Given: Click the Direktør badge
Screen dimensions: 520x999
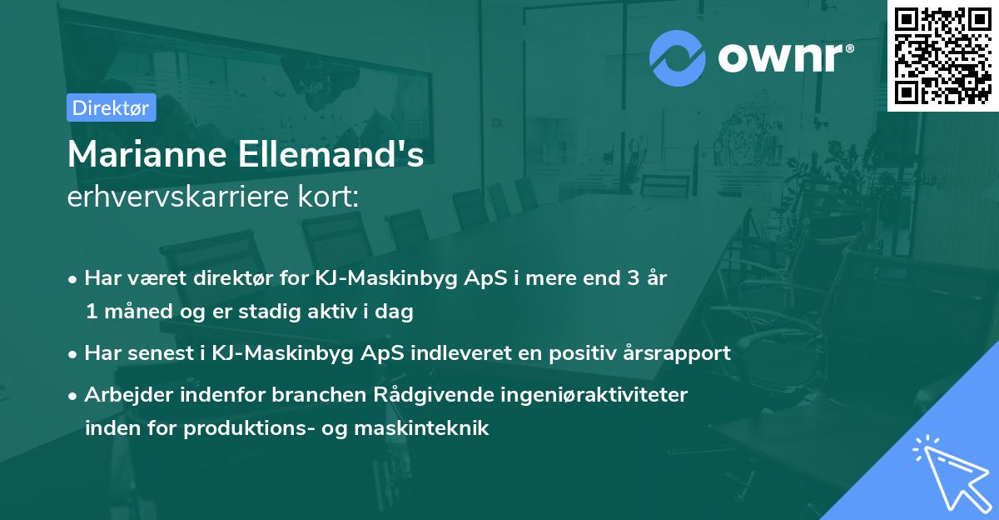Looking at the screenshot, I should (x=110, y=107).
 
